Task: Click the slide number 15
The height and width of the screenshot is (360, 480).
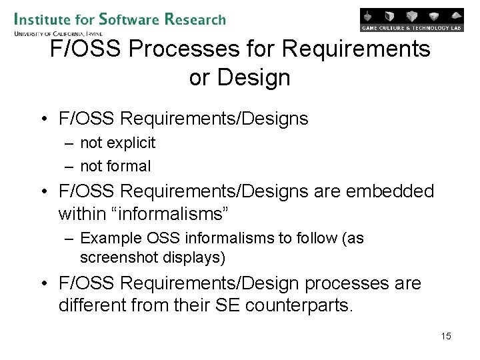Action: click(446, 336)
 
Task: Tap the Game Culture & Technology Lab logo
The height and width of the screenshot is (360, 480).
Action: click(411, 20)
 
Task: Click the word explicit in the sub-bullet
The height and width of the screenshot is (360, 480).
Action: click(129, 143)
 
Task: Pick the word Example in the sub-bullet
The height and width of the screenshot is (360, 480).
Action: click(111, 238)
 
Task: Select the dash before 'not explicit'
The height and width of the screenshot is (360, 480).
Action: click(69, 143)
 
